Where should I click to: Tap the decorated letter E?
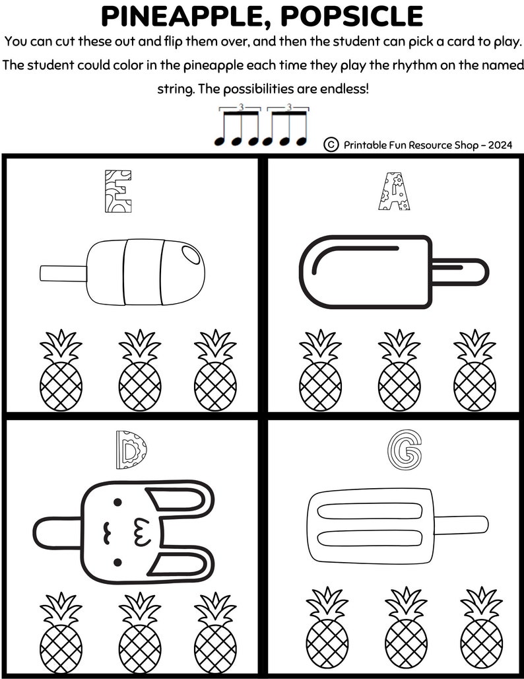[117, 191]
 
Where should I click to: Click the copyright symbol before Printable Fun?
[331, 144]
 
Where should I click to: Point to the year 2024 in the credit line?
[500, 145]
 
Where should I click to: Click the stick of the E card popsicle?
[63, 272]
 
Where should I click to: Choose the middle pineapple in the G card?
[405, 629]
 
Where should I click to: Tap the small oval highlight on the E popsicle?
[189, 254]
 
